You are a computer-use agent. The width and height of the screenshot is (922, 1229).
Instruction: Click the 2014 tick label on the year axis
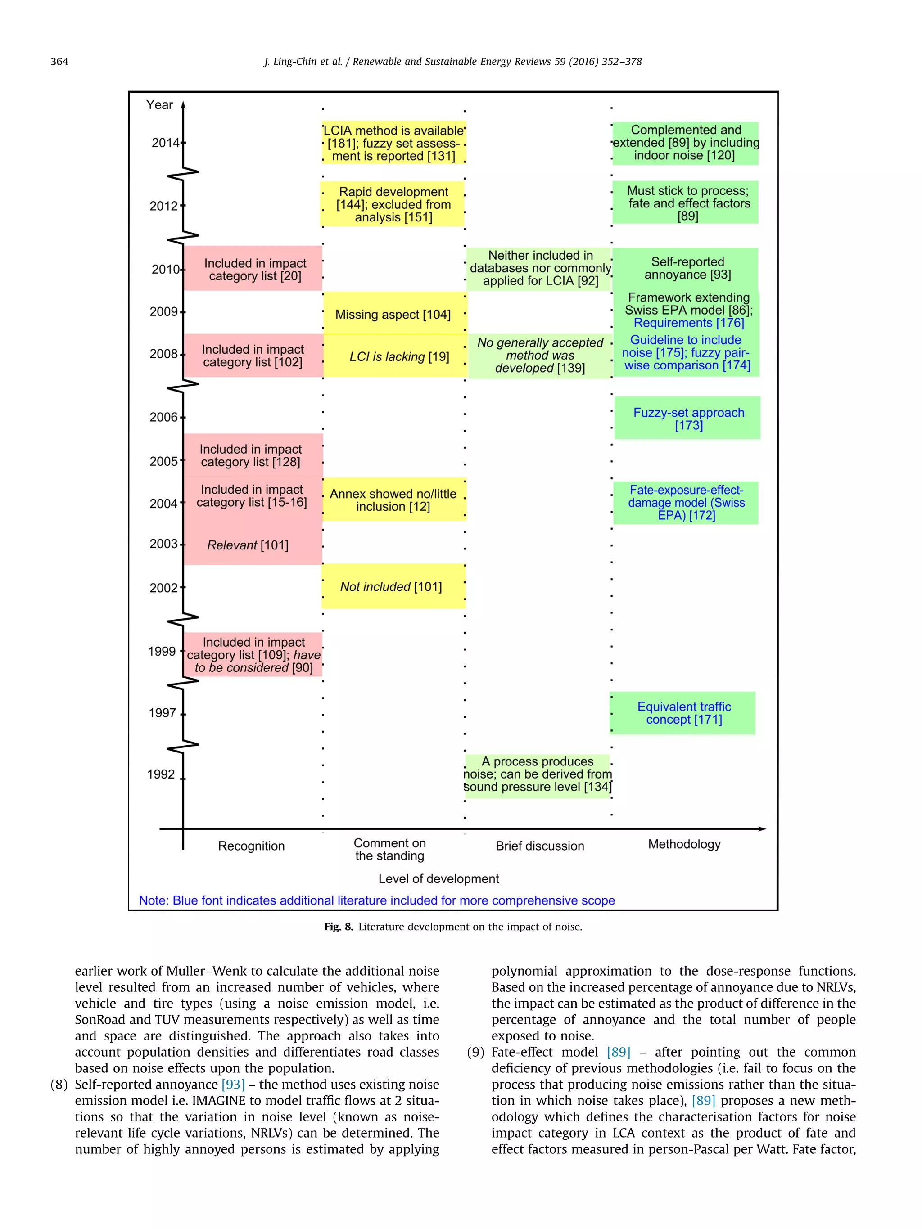click(x=166, y=143)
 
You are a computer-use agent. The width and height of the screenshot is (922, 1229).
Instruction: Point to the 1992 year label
click(x=161, y=774)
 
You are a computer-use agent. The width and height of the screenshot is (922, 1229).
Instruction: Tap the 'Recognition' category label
click(x=251, y=846)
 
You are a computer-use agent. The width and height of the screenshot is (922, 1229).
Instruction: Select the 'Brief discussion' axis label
click(x=540, y=846)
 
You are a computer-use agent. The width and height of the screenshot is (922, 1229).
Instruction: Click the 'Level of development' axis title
click(x=438, y=878)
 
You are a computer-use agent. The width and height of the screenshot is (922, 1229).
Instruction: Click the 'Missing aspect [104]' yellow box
click(x=393, y=315)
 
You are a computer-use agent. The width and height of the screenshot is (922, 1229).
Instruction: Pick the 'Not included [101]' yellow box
click(x=391, y=587)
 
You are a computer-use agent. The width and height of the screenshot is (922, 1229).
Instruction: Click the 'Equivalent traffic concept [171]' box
click(x=683, y=713)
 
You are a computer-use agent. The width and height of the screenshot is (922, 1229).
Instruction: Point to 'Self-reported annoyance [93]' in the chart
click(x=687, y=268)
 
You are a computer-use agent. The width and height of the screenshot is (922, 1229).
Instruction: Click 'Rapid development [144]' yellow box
click(x=393, y=204)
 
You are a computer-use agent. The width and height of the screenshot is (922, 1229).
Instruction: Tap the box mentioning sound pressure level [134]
click(x=538, y=774)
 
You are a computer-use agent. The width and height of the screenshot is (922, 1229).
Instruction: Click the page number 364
click(x=59, y=62)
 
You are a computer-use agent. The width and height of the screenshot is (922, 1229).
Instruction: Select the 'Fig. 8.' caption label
click(x=339, y=927)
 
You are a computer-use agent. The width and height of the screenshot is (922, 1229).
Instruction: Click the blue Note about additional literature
click(x=377, y=900)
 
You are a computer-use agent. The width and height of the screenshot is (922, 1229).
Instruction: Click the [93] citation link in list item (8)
click(x=233, y=1085)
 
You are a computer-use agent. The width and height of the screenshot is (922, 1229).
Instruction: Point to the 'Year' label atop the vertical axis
click(x=159, y=104)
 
